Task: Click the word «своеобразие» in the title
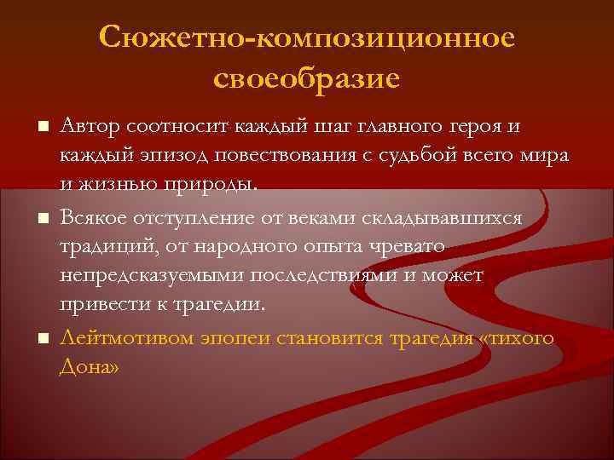[306, 78]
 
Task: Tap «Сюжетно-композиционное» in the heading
[307, 37]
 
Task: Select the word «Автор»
[90, 127]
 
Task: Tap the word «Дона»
[90, 366]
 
